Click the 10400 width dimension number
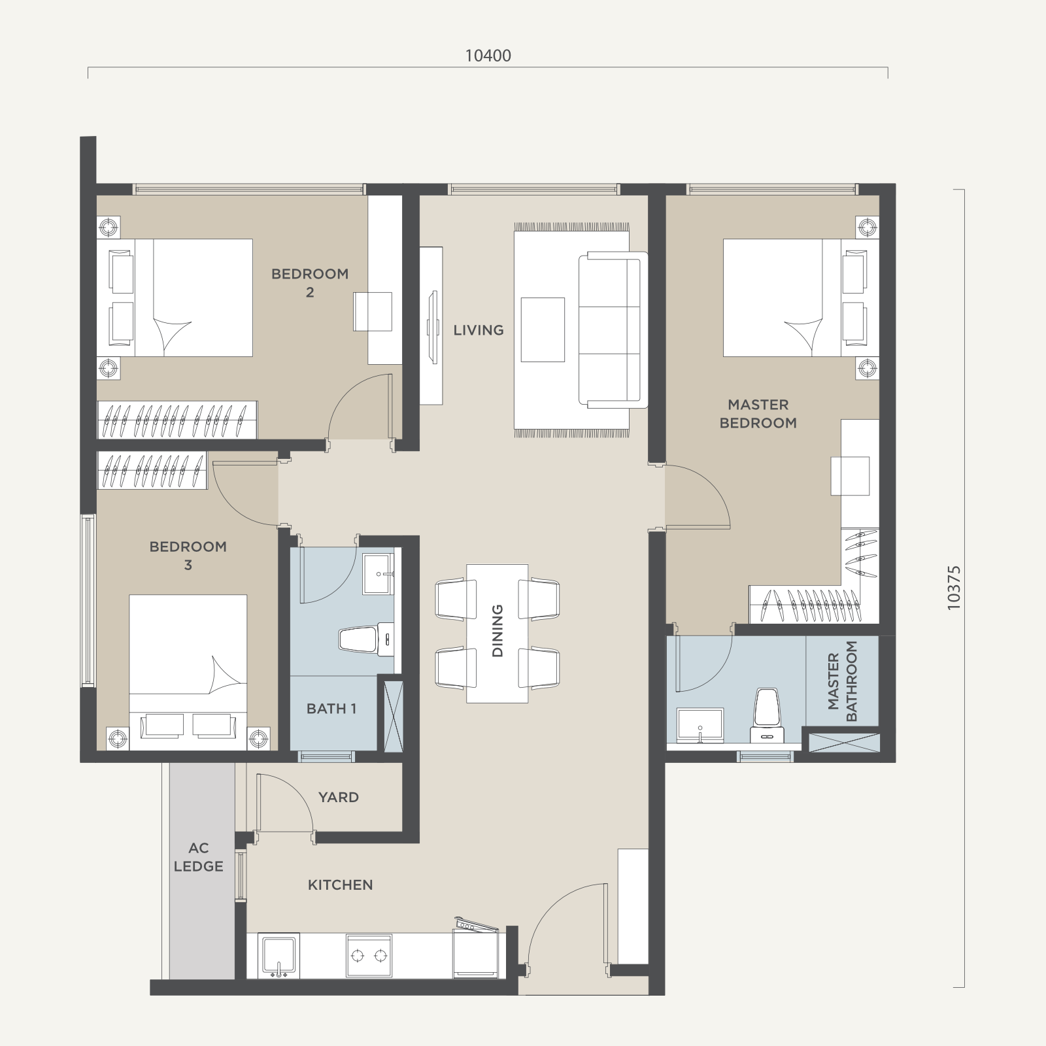[488, 56]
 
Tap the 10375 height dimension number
[954, 588]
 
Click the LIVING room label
[479, 330]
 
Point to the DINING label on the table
[498, 631]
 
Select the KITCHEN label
[341, 885]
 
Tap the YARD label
[339, 797]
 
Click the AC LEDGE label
[198, 857]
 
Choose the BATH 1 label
[331, 708]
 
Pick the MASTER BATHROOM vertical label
[842, 681]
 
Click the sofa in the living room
[613, 329]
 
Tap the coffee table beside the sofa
[543, 329]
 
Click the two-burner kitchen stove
[369, 956]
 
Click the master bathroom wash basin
[700, 726]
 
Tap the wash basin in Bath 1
[379, 574]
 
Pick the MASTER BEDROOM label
[758, 414]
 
